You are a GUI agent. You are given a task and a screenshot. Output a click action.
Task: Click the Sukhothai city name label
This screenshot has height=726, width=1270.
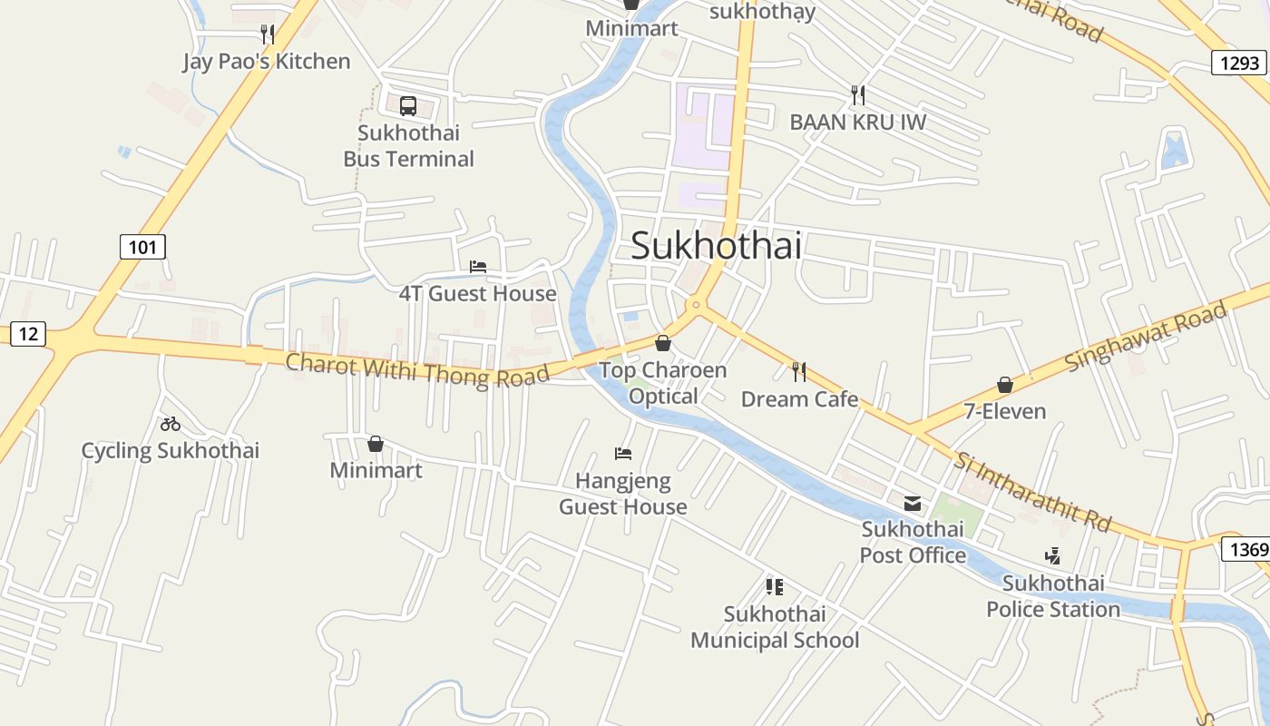[716, 245]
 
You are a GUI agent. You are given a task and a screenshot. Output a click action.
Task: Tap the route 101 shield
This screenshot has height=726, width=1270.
[142, 246]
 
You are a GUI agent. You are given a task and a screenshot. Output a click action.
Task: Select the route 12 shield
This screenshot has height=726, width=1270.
[28, 334]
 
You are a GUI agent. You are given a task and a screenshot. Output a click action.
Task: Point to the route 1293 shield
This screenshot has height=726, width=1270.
[1239, 63]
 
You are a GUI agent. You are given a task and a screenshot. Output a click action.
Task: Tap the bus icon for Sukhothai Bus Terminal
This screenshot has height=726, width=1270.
[408, 105]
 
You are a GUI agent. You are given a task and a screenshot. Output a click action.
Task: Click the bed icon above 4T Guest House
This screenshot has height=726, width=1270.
[478, 267]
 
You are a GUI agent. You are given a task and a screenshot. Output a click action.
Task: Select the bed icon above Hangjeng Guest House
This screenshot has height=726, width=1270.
[623, 454]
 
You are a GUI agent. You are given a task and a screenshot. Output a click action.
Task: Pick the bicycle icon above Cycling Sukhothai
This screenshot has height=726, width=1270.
[171, 424]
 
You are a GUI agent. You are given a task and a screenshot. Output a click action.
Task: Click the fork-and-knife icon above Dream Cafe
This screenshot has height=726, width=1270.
[799, 371]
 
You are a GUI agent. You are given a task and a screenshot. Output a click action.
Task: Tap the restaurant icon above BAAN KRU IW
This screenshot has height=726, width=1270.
[857, 94]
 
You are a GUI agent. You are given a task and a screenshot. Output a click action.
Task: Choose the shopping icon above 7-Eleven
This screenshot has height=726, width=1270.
[1005, 385]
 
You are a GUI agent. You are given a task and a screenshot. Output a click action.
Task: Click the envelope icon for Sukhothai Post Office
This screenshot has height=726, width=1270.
[913, 503]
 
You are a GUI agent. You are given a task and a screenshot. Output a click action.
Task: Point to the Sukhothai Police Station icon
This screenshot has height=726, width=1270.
[1053, 555]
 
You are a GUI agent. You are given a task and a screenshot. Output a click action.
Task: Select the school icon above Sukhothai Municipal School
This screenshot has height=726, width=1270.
[774, 587]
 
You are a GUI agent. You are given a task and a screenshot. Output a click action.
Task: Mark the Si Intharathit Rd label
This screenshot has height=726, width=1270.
[1032, 491]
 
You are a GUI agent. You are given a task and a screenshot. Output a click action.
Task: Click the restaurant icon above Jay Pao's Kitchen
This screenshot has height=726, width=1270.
[267, 34]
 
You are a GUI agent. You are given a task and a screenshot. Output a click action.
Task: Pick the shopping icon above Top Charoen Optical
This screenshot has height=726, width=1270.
[663, 343]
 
